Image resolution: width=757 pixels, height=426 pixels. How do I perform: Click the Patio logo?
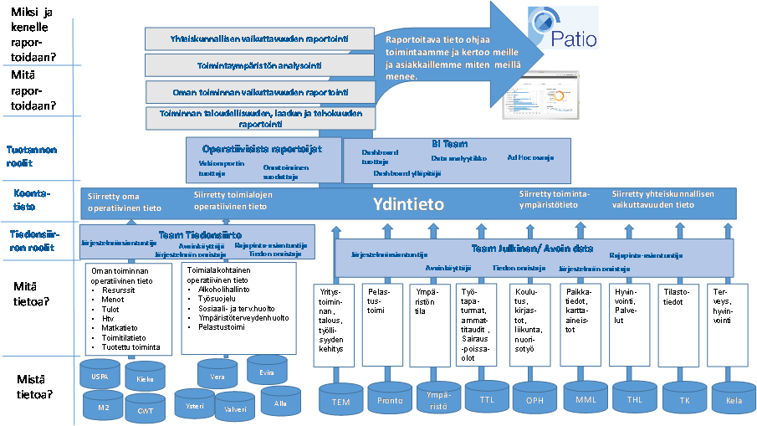(561, 28)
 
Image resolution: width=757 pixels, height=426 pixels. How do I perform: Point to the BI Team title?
(445, 144)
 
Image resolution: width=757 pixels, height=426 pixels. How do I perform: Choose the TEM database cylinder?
(340, 400)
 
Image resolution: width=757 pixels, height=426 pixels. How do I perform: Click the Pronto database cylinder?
(391, 399)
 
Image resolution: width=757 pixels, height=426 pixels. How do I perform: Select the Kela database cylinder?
(734, 399)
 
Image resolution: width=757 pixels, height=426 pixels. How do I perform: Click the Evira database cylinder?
(266, 372)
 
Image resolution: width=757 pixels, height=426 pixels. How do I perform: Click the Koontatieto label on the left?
(32, 199)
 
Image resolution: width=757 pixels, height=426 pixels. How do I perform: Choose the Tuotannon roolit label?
(32, 157)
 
